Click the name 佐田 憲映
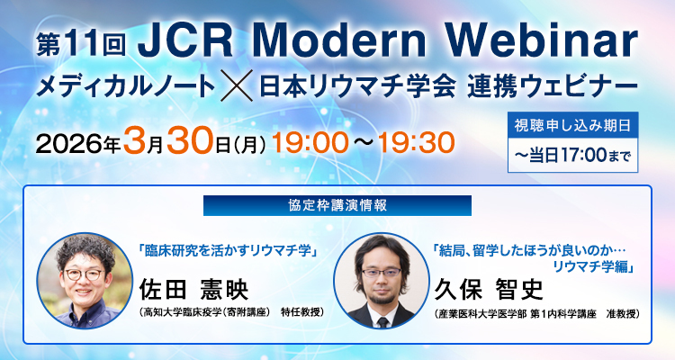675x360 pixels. coord(192,288)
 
